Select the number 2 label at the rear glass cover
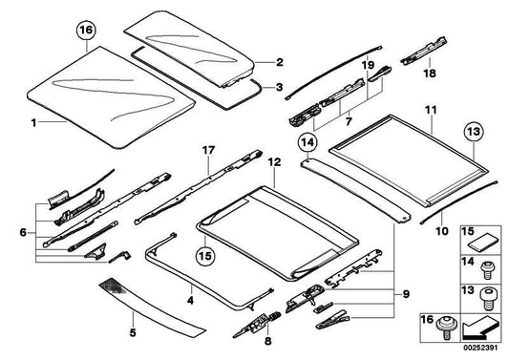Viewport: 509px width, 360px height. pos(280,63)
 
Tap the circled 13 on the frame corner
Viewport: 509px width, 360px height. pos(473,132)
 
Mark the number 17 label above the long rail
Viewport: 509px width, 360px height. pos(209,150)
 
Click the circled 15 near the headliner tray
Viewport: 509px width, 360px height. pos(206,255)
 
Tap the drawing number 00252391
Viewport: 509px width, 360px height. pos(480,350)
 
